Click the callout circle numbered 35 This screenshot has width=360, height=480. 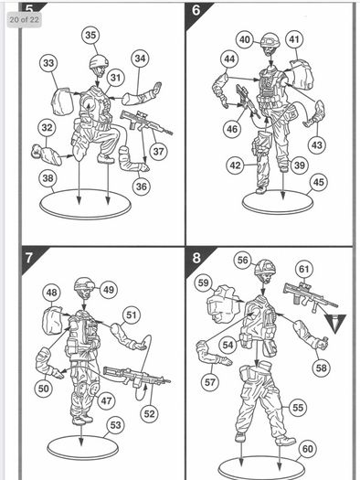coord(90,36)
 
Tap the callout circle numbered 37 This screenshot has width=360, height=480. coord(158,151)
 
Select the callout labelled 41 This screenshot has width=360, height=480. coord(294,39)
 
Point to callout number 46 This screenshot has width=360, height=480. coord(232,129)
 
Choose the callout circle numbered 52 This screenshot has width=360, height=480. coord(149,414)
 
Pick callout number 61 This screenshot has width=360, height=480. coord(304,270)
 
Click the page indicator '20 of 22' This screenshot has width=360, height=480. coord(24,19)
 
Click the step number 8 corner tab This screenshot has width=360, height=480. coord(196,258)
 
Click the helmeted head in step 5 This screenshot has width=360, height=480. coord(99,66)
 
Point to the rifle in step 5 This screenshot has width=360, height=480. coord(145,123)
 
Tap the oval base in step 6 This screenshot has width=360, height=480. coord(278,202)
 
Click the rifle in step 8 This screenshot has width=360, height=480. coord(310,297)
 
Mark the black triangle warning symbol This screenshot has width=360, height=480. coord(335,324)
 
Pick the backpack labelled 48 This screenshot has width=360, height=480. coord(53,320)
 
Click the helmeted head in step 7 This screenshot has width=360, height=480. coord(84,288)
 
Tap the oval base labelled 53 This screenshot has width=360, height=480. coord(83,448)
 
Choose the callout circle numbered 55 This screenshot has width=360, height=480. coord(298,408)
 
